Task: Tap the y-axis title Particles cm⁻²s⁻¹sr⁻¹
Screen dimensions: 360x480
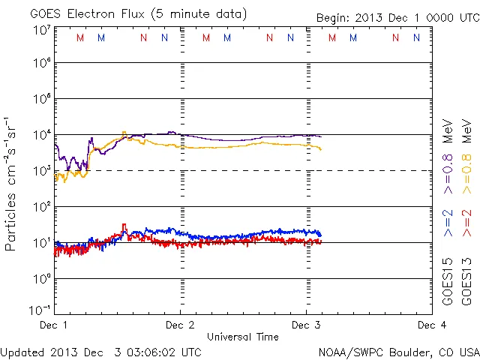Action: [13, 183]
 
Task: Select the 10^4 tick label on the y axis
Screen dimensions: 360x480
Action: [41, 135]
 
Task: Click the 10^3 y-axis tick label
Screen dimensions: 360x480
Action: [41, 171]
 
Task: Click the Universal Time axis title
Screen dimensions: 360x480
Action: [242, 337]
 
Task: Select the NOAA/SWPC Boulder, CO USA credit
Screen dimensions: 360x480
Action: [397, 352]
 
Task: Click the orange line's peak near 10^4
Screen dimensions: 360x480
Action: [124, 133]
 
